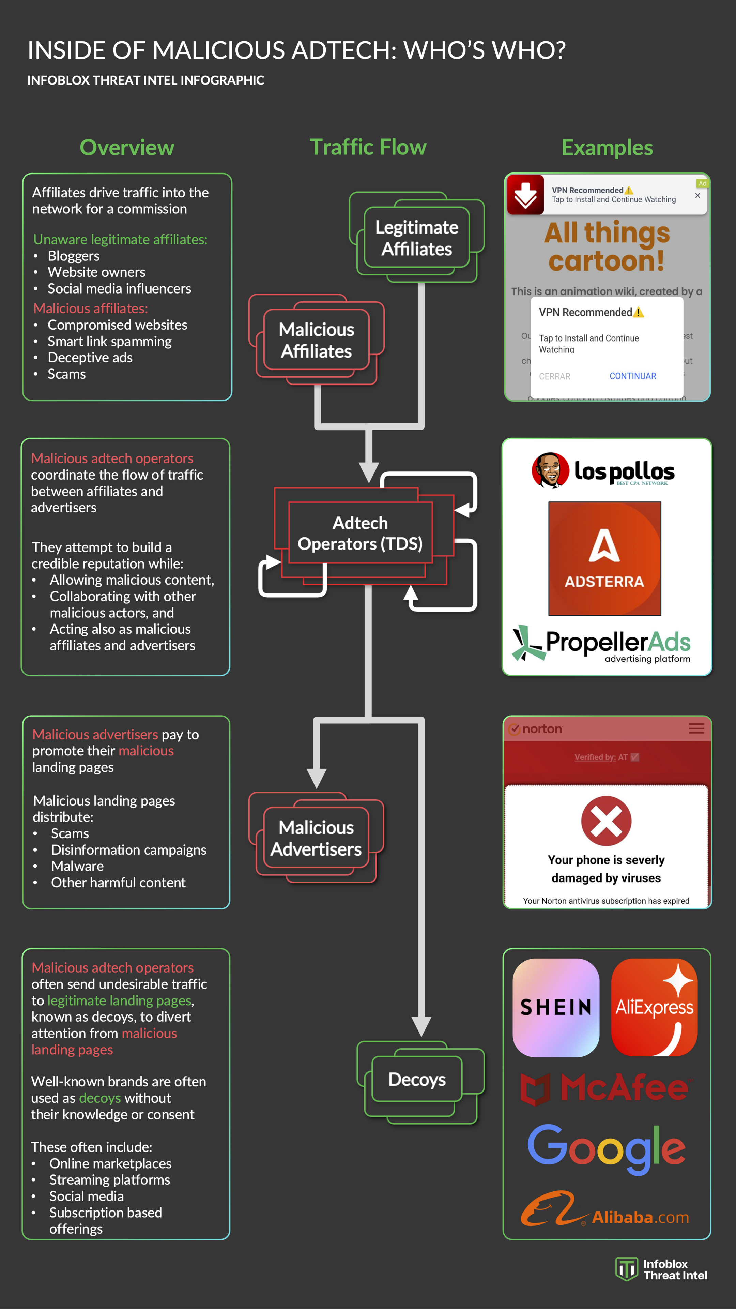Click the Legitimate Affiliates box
point(416,238)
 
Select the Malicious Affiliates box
point(316,340)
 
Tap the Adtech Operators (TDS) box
point(360,533)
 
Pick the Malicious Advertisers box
point(316,838)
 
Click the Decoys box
point(416,1079)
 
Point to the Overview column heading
point(127,147)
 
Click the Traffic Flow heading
point(368,147)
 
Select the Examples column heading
point(607,147)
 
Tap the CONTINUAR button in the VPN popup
point(632,376)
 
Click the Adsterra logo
point(604,558)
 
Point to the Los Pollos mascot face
point(550,470)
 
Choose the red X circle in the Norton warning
point(606,821)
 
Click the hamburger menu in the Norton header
point(696,729)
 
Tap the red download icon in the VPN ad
point(525,195)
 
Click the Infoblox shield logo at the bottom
point(626,1269)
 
